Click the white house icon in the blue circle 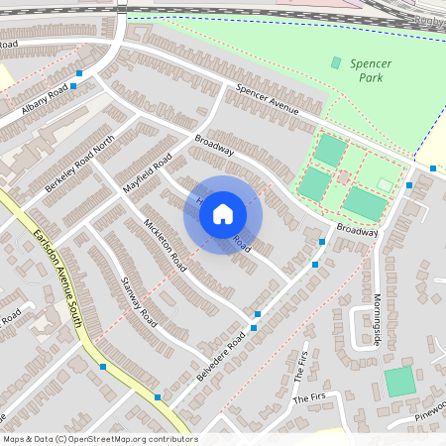(223, 214)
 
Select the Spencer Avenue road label (267, 100)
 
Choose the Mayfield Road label (148, 171)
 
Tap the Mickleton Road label (165, 245)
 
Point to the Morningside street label (376, 294)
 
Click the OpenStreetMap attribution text (99, 438)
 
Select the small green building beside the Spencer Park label (335, 62)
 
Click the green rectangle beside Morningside (400, 382)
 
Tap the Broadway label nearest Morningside (357, 229)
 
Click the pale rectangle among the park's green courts (385, 184)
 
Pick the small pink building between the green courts (343, 176)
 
